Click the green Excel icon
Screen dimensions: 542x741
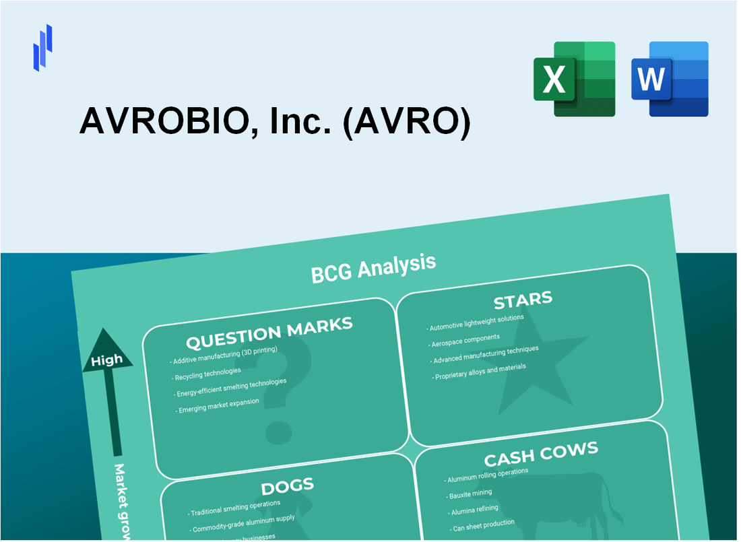pyautogui.click(x=574, y=79)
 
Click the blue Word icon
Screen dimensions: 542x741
pyautogui.click(x=670, y=79)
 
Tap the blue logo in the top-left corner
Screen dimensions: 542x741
pyautogui.click(x=42, y=47)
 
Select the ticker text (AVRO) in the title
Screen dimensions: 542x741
pyautogui.click(x=406, y=122)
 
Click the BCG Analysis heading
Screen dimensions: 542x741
pyautogui.click(x=373, y=268)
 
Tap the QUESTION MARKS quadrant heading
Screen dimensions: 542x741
pyautogui.click(x=269, y=333)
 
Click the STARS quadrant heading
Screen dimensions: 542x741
pyautogui.click(x=523, y=299)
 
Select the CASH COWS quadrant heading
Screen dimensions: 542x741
pyautogui.click(x=540, y=454)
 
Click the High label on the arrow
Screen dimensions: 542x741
pyautogui.click(x=107, y=360)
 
